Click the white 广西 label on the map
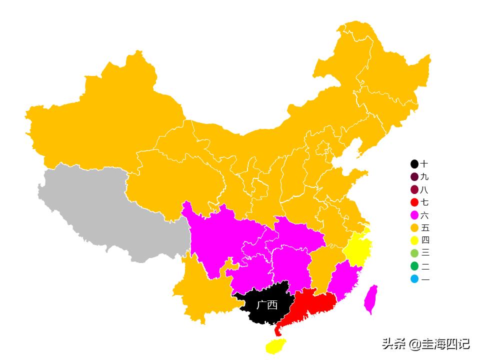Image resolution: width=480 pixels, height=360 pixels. tap(267, 305)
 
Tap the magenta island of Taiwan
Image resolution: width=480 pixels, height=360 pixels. tap(370, 299)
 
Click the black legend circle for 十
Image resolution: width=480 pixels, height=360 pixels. tap(414, 164)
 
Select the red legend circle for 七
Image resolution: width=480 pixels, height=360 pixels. tap(414, 202)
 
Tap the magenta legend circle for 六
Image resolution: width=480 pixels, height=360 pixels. tap(414, 215)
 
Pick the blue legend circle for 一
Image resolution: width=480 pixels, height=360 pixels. tap(414, 279)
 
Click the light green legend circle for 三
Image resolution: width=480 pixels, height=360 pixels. tap(414, 253)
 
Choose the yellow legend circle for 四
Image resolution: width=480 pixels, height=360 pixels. tap(414, 240)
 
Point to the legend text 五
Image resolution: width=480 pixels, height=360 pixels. tap(425, 228)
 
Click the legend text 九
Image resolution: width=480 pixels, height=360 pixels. tap(425, 177)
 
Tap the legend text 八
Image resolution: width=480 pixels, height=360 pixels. tap(425, 190)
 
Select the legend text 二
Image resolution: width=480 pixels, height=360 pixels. tap(425, 266)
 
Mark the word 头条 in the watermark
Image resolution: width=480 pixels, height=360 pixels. tap(393, 343)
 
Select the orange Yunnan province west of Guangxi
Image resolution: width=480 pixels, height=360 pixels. tap(200, 290)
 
